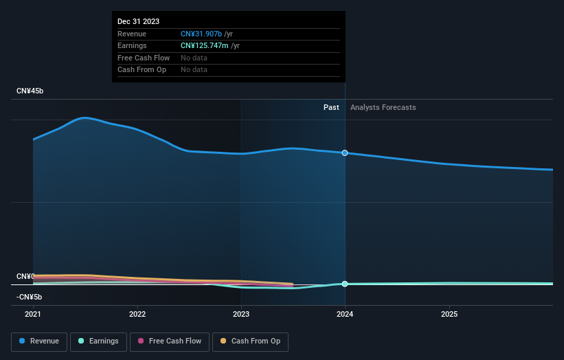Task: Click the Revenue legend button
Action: (40, 341)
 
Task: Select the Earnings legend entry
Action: (98, 341)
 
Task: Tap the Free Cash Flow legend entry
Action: (170, 341)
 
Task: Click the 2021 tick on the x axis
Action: (33, 314)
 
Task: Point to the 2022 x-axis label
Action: (137, 314)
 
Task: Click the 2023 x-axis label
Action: (241, 314)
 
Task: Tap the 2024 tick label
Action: (345, 314)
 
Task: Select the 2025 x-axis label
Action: (449, 314)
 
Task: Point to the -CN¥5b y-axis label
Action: (30, 297)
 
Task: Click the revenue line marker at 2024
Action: (345, 153)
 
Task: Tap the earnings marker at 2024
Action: (345, 284)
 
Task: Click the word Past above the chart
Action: (331, 107)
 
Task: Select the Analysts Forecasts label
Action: (383, 107)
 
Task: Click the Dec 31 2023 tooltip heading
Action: (138, 21)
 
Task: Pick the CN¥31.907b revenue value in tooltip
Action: (201, 34)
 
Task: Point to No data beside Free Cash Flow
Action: (194, 58)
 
